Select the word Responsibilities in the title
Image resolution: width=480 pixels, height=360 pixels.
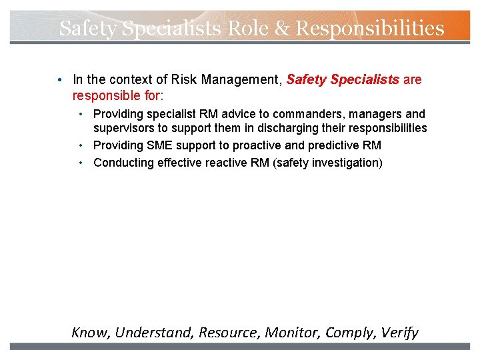pyautogui.click(x=370, y=28)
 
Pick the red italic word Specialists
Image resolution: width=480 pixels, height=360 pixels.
pyautogui.click(x=365, y=80)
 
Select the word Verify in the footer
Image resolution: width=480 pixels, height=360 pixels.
pyautogui.click(x=399, y=332)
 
